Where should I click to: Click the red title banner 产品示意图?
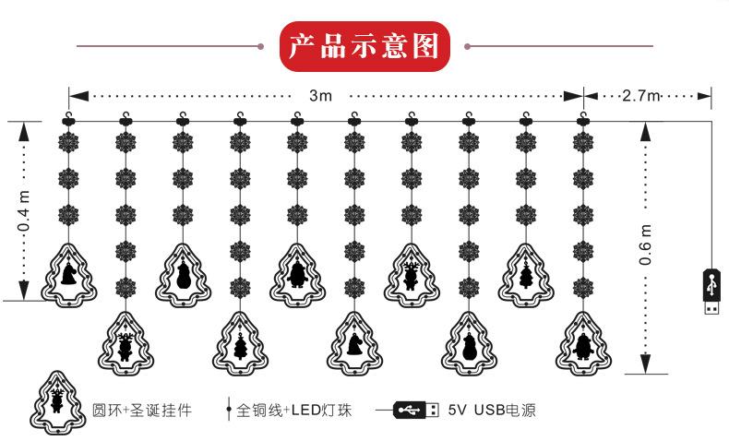click(x=364, y=47)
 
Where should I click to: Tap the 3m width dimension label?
click(x=319, y=96)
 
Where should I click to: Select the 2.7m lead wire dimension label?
click(x=642, y=96)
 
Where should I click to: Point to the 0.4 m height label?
click(x=25, y=210)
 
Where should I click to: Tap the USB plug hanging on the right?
click(x=711, y=292)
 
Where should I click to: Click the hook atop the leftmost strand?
click(x=68, y=119)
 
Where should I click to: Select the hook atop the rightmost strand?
click(x=582, y=119)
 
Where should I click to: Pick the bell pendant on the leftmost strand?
click(x=68, y=274)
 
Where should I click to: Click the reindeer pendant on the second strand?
click(x=125, y=346)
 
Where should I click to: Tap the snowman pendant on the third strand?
click(x=183, y=274)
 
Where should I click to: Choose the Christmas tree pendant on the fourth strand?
click(x=240, y=346)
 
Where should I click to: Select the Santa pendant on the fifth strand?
click(x=297, y=274)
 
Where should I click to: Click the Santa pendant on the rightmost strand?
click(x=582, y=346)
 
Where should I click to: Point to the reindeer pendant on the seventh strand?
click(x=412, y=274)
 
